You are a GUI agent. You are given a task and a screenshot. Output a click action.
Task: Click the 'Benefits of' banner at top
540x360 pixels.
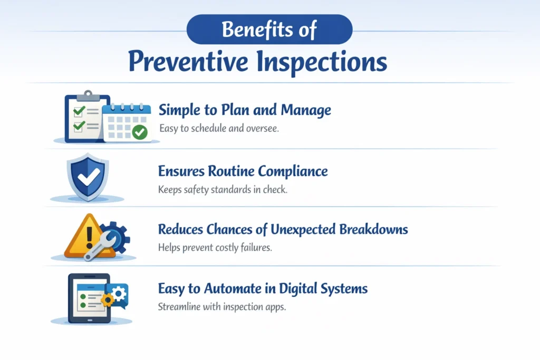[x=269, y=29]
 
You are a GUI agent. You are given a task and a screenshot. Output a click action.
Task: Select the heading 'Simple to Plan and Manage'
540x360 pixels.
[x=245, y=110]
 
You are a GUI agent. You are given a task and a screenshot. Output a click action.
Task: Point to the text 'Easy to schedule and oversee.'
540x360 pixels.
[x=218, y=128]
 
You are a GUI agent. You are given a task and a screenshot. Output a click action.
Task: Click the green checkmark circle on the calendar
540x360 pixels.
[x=140, y=132]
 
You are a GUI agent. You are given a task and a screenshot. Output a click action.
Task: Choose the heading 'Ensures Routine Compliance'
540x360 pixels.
[x=243, y=171]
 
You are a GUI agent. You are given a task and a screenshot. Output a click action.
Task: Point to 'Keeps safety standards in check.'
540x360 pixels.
[x=223, y=190]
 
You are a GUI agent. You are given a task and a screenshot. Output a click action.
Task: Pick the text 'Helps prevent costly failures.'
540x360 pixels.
[x=215, y=248]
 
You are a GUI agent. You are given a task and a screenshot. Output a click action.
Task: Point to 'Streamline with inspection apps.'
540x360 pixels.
[x=221, y=307]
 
